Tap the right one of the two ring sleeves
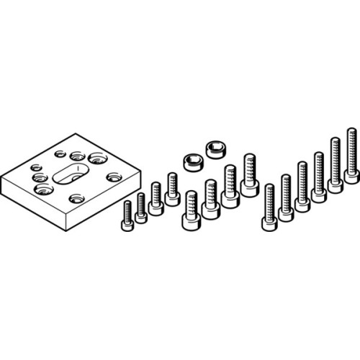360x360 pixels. click(x=215, y=150)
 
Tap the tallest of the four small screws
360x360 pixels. click(x=172, y=189)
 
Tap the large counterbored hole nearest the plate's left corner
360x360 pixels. click(x=42, y=190)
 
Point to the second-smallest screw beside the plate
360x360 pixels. click(x=141, y=209)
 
